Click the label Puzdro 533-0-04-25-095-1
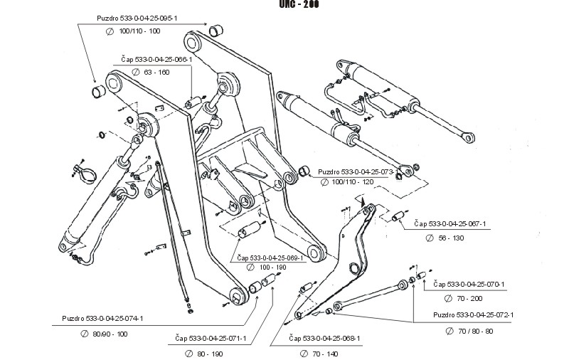coord(136,17)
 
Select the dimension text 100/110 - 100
coord(142,32)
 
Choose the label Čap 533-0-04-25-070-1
coord(469,284)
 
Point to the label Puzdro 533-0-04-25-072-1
coord(474,314)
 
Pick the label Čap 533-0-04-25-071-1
coord(211,339)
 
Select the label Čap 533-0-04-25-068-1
coord(325,339)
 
